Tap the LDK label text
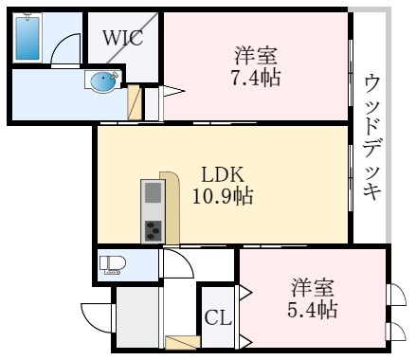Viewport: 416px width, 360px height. coord(224,175)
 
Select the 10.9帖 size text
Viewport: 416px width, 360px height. coord(225,197)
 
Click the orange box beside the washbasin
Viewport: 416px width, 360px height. coord(134,100)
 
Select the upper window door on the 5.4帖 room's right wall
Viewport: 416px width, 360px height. coord(393,295)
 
